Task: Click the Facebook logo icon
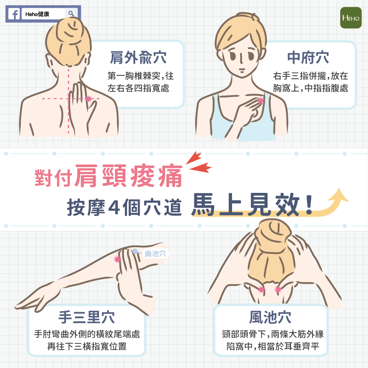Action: point(14,14)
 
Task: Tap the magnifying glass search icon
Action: point(71,14)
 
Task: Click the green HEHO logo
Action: point(351,18)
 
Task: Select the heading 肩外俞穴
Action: point(138,58)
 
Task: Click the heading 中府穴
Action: point(308,58)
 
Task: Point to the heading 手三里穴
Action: point(87,317)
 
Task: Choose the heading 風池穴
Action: point(270,317)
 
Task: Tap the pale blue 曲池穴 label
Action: point(155,254)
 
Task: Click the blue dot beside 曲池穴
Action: point(135,251)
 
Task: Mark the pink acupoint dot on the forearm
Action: point(117,259)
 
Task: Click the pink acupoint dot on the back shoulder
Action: point(88,99)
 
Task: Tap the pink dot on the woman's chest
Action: point(261,101)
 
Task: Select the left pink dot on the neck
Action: point(261,290)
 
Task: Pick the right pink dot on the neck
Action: point(278,290)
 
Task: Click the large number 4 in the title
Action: point(114,207)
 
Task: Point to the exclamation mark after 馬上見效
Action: point(309,205)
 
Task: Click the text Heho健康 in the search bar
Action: point(37,14)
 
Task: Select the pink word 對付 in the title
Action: point(53,178)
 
